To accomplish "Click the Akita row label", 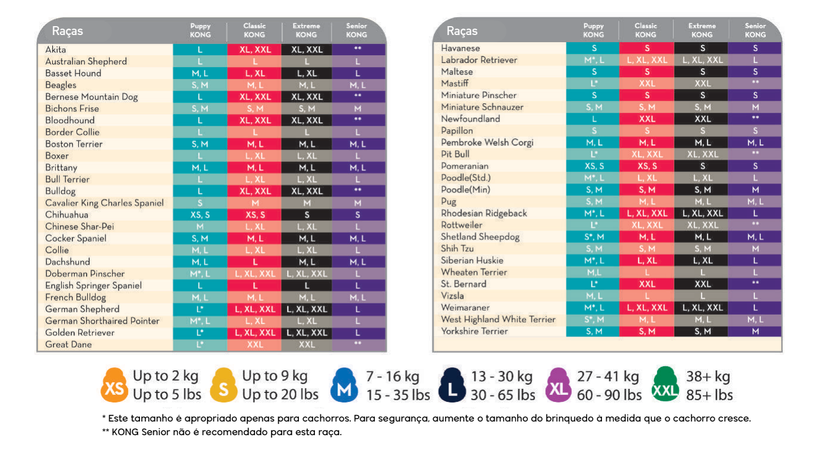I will pos(56,50).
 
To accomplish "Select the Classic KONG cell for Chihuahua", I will pos(255,215).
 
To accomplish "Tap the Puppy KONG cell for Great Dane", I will pos(200,344).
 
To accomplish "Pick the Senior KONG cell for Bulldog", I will pos(358,191).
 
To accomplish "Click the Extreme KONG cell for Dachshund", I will pos(307,262).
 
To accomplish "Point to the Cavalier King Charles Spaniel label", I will pos(104,203).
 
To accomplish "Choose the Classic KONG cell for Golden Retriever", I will pos(255,332).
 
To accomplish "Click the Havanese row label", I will pos(460,48).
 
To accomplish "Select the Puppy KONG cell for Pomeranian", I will pos(594,166).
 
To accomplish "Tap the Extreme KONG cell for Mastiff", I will pos(702,84).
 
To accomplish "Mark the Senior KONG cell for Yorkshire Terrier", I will pos(755,331).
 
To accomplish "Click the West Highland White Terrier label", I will pos(498,319).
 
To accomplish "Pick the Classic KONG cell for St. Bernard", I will pos(646,284).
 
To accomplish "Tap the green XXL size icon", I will pos(665,386).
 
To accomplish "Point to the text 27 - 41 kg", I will pos(607,376).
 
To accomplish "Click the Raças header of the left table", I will pos(68,31).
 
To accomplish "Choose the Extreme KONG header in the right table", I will pos(702,30).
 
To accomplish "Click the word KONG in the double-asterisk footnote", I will pos(125,432).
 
